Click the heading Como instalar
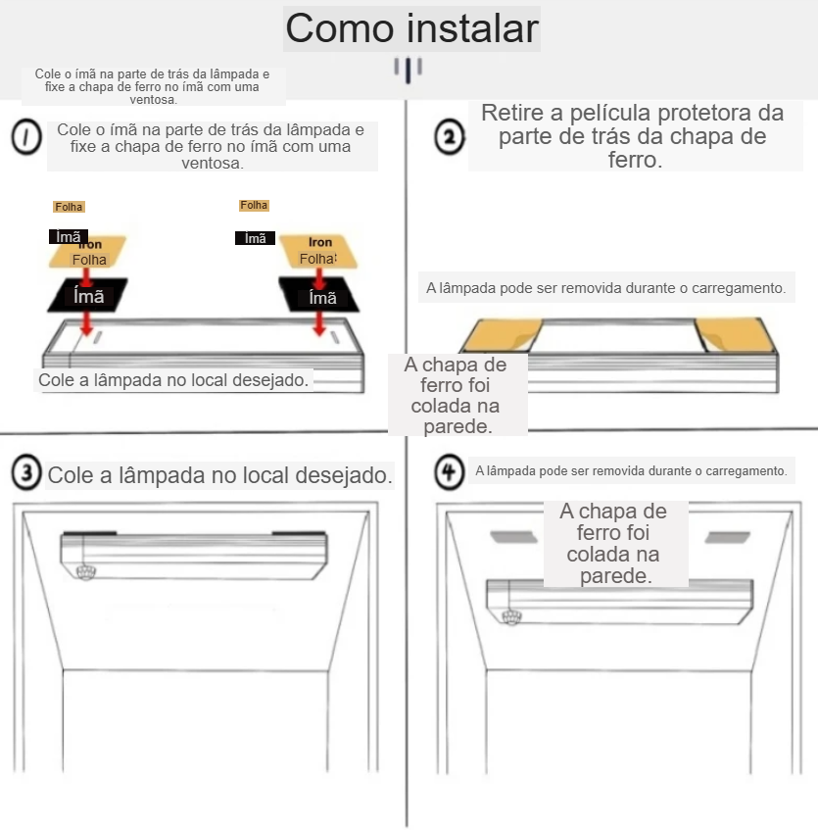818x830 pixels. pos(411,28)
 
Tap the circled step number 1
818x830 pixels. pos(26,137)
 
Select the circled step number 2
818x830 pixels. pos(450,137)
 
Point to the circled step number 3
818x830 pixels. pos(26,471)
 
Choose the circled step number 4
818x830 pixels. pos(450,471)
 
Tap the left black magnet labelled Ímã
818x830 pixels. pos(88,295)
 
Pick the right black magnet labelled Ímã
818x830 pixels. pos(319,294)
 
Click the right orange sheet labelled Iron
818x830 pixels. pos(318,251)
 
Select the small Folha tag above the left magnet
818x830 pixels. pos(69,207)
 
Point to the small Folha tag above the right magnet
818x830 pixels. pos(254,205)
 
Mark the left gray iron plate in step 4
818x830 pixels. pos(513,537)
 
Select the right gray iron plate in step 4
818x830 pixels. pos(728,537)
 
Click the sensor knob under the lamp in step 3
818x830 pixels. pos(85,572)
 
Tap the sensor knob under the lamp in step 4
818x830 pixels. pos(511,616)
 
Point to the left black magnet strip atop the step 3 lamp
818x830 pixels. pos(89,533)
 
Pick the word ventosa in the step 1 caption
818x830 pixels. pos(213,163)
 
